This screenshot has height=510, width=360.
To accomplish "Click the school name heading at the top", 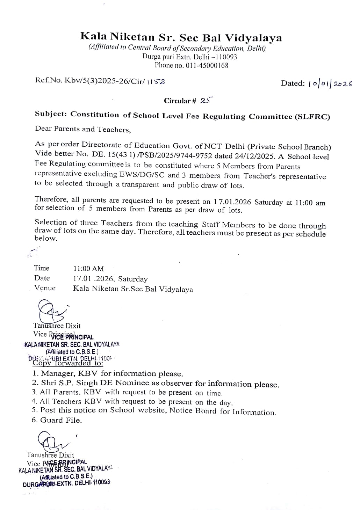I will (181, 37).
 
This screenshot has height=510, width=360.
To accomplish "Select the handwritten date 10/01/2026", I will (330, 83).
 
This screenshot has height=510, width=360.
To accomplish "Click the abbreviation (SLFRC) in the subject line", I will (312, 117).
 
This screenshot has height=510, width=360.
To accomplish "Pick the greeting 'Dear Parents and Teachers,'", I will (83, 129).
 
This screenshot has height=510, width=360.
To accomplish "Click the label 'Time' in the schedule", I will (42, 268).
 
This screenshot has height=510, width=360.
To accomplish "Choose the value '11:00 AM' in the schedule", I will (88, 269).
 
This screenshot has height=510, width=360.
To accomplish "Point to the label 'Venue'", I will (45, 288).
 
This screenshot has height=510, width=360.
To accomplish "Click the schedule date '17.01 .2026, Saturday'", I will (110, 279).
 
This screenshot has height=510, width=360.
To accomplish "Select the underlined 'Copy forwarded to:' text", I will (68, 363).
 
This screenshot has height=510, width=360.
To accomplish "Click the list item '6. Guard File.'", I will (57, 420).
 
